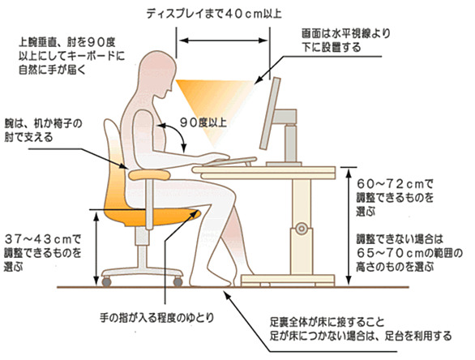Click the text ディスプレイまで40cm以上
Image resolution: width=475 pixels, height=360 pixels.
pyautogui.click(x=214, y=14)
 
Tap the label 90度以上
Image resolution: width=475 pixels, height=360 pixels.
pyautogui.click(x=203, y=122)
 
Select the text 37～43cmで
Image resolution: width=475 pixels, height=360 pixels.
pyautogui.click(x=43, y=239)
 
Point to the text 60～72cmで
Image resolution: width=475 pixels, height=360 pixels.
pyautogui.click(x=395, y=183)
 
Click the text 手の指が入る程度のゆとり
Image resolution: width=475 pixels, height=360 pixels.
pyautogui.click(x=157, y=318)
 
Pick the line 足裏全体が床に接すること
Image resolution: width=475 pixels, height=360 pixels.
pyautogui.click(x=327, y=322)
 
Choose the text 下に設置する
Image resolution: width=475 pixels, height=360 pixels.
pyautogui.click(x=331, y=47)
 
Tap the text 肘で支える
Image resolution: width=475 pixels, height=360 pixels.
pyautogui.click(x=28, y=137)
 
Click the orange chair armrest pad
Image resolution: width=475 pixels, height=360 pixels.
pyautogui.click(x=148, y=175)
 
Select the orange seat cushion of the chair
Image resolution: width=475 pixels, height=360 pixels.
pyautogui.click(x=155, y=216)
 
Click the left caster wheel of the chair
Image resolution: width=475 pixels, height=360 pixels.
pyautogui.click(x=106, y=282)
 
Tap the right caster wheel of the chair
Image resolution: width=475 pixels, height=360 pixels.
pyautogui.click(x=178, y=282)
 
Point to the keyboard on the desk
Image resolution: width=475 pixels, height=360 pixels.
pyautogui.click(x=229, y=161)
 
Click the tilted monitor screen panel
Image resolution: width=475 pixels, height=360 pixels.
pyautogui.click(x=270, y=114)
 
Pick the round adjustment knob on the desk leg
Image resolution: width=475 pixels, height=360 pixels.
pyautogui.click(x=301, y=228)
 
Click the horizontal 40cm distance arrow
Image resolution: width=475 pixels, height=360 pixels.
pyautogui.click(x=223, y=41)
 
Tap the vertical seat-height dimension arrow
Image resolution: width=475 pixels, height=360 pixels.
pyautogui.click(x=96, y=248)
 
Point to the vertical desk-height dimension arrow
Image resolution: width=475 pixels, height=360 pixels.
pyautogui.click(x=349, y=227)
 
